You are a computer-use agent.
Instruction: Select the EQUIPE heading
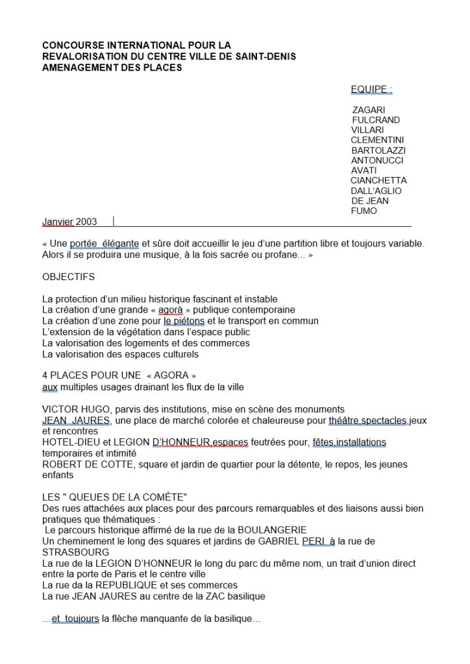pos(371,89)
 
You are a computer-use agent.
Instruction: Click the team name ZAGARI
pos(368,110)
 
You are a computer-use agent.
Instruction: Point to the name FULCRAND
pos(376,120)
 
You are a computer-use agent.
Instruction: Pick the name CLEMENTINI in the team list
pos(377,140)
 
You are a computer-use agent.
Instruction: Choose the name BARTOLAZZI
pos(378,150)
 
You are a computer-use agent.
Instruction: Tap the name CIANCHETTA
pos(378,180)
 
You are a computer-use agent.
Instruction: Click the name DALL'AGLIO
pos(376,191)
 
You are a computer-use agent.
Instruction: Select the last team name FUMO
pos(364,211)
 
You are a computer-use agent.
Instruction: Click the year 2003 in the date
pos(86,222)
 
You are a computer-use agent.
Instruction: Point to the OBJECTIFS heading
pos(68,277)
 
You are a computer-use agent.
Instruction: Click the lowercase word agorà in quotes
pos(171,310)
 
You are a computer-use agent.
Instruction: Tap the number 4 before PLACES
pos(45,375)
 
